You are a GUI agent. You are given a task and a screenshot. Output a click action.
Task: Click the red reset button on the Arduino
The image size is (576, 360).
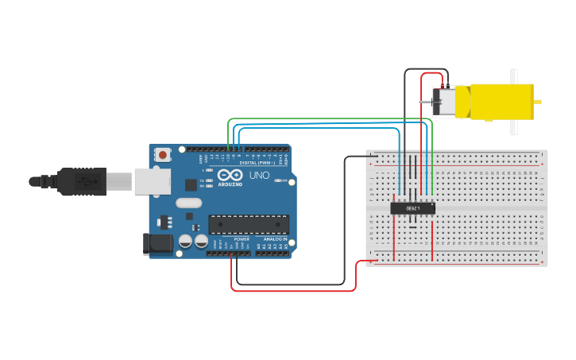[163, 154]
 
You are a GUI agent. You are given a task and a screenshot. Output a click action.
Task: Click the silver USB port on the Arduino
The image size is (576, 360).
[152, 181]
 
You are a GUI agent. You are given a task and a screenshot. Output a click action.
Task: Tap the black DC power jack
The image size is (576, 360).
[157, 244]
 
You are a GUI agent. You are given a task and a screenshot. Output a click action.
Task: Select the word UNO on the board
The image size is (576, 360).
[259, 176]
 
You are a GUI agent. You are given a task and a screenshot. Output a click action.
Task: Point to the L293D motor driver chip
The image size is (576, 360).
[413, 208]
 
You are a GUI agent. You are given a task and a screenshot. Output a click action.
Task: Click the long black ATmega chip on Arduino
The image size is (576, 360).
[249, 224]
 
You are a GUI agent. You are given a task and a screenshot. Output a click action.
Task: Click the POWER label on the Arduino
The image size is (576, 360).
[242, 238]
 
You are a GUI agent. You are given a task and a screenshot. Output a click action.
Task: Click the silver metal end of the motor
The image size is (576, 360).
[443, 102]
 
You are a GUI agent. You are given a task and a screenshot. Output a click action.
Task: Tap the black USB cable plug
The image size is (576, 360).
[82, 181]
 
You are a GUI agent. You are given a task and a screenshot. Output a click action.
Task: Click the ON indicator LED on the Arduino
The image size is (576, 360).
[282, 180]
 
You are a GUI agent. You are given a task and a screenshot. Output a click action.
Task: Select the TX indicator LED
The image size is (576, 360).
[208, 180]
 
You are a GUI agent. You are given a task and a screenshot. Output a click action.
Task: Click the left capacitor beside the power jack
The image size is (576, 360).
[185, 240]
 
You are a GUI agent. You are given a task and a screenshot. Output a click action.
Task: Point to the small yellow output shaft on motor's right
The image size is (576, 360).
[538, 102]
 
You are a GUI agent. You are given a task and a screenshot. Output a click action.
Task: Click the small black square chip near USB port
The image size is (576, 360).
[191, 185]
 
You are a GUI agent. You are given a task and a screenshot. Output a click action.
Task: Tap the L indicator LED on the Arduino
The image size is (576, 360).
[208, 170]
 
